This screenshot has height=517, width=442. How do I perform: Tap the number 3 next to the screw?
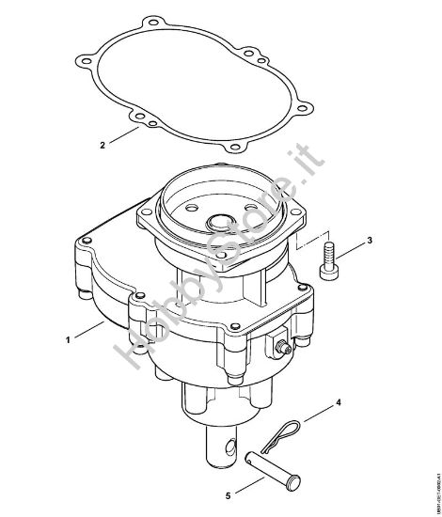click(370, 241)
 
